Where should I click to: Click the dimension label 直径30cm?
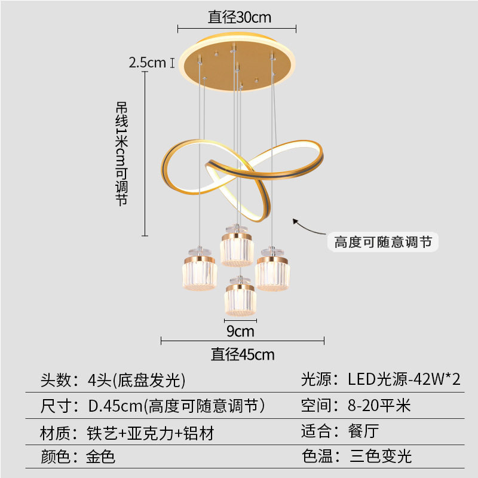[x=239, y=17]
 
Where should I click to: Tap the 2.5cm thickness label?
[x=147, y=62]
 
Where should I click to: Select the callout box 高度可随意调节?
[x=382, y=242]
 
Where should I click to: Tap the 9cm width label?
[x=240, y=330]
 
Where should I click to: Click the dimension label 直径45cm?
[x=243, y=354]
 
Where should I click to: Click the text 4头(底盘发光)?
[x=136, y=379]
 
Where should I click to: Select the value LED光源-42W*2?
[x=405, y=379]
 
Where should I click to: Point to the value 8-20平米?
[x=379, y=406]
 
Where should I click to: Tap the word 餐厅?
[x=363, y=431]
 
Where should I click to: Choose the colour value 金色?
[x=100, y=458]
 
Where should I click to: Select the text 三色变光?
[x=381, y=457]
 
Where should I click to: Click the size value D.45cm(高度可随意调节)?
[x=176, y=406]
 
